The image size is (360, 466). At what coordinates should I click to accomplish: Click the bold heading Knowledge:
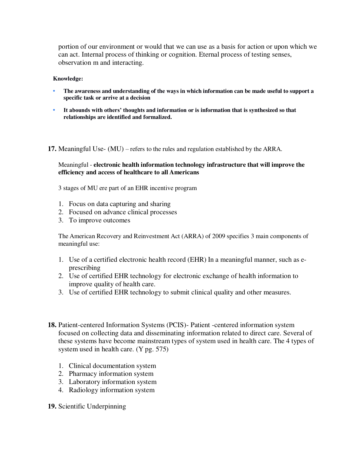pyautogui.click(x=68, y=79)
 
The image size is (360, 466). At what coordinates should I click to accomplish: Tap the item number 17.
pyautogui.click(x=52, y=149)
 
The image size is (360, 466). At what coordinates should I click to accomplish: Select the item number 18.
pyautogui.click(x=52, y=325)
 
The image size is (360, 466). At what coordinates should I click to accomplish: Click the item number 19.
pyautogui.click(x=52, y=406)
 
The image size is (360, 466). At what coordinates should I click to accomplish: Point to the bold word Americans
pyautogui.click(x=184, y=172)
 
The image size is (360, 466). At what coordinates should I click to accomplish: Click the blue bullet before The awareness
pyautogui.click(x=54, y=91)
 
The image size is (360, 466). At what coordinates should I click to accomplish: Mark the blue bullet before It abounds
pyautogui.click(x=54, y=110)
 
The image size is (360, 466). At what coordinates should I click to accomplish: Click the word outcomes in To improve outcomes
pyautogui.click(x=117, y=220)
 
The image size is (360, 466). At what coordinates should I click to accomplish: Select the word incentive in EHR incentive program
pyautogui.click(x=160, y=188)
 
